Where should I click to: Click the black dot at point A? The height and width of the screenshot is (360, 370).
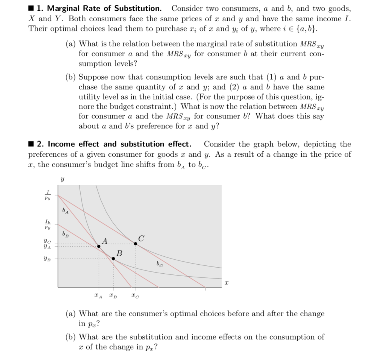click(x=99, y=246)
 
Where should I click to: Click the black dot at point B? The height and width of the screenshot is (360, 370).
click(x=113, y=259)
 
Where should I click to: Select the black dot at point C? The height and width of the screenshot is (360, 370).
click(x=135, y=244)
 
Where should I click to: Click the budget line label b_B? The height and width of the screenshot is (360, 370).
click(x=65, y=234)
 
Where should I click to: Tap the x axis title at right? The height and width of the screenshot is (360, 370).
click(x=227, y=285)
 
